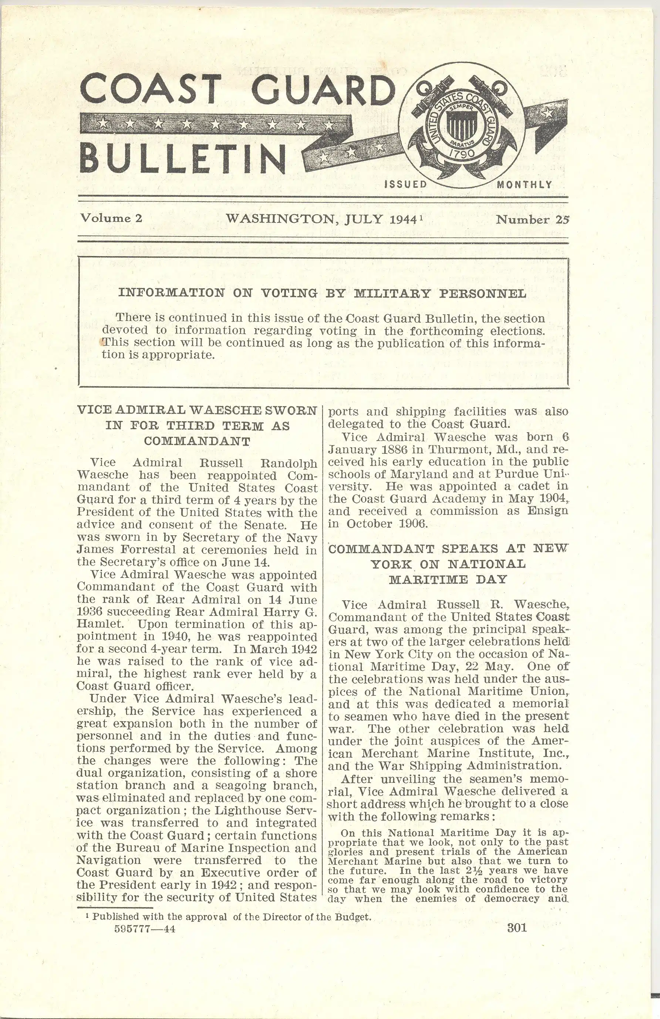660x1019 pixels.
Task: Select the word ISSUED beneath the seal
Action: [x=406, y=185]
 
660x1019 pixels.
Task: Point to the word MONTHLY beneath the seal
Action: [x=524, y=185]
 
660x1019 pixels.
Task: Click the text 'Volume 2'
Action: [x=111, y=218]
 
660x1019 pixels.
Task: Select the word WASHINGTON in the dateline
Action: [x=279, y=219]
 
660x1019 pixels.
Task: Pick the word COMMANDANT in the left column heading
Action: [x=197, y=442]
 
